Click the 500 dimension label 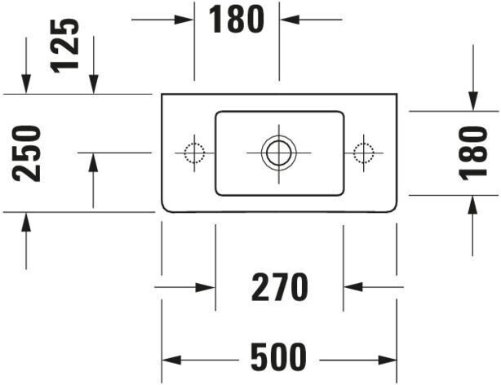(278, 357)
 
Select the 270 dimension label (279, 287)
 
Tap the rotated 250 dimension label (29, 153)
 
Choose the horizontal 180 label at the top (237, 20)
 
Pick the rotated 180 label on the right (474, 153)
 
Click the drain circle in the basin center (278, 152)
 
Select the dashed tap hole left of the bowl (193, 152)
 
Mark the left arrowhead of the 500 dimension (170, 358)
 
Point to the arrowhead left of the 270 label (207, 287)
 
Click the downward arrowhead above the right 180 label (473, 101)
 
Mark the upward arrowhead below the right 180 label (473, 203)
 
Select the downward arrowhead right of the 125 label (93, 84)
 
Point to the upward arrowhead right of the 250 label (93, 162)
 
